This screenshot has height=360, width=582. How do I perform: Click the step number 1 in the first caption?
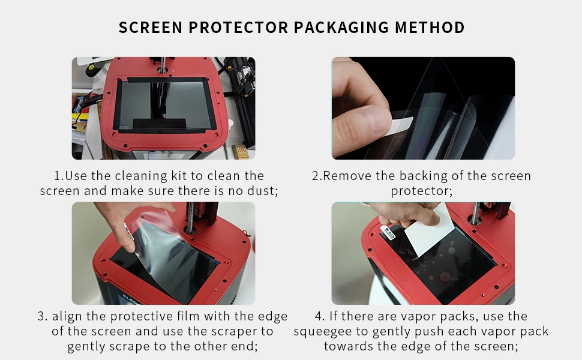pyautogui.click(x=58, y=176)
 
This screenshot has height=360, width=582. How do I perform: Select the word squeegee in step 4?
pyautogui.click(x=323, y=331)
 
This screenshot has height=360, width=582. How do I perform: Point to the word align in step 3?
pyautogui.click(x=68, y=316)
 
